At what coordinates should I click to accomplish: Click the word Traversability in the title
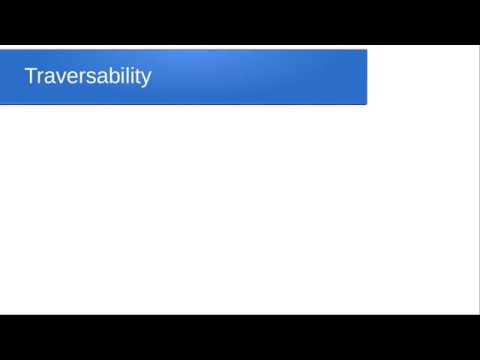click(x=87, y=77)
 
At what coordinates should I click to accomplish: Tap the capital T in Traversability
click(x=30, y=76)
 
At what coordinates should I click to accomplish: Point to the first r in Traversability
click(x=39, y=78)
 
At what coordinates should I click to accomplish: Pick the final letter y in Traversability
click(x=144, y=80)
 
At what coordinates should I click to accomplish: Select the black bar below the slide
click(x=240, y=337)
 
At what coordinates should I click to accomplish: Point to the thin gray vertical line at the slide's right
click(x=477, y=180)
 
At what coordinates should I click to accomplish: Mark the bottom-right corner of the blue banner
click(x=366, y=103)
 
